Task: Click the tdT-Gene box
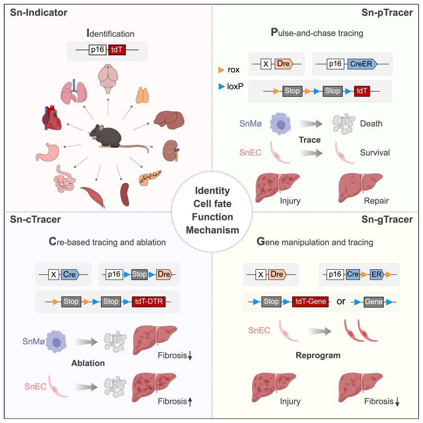tap(310, 302)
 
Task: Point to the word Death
tap(371, 124)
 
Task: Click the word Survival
tap(375, 152)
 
